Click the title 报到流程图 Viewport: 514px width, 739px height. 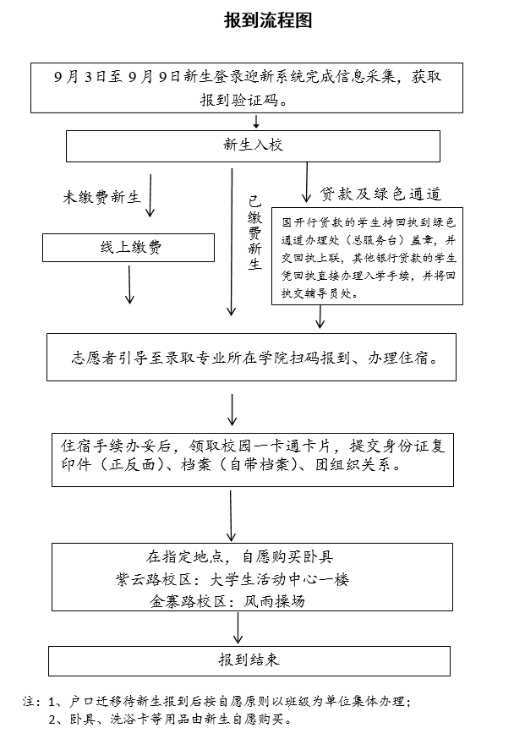268,21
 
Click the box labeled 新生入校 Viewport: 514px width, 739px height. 253,145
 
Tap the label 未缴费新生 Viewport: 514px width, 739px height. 101,198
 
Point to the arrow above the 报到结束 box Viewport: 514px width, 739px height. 239,630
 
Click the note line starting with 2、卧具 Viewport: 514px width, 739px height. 169,721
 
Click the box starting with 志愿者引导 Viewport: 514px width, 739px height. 253,358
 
